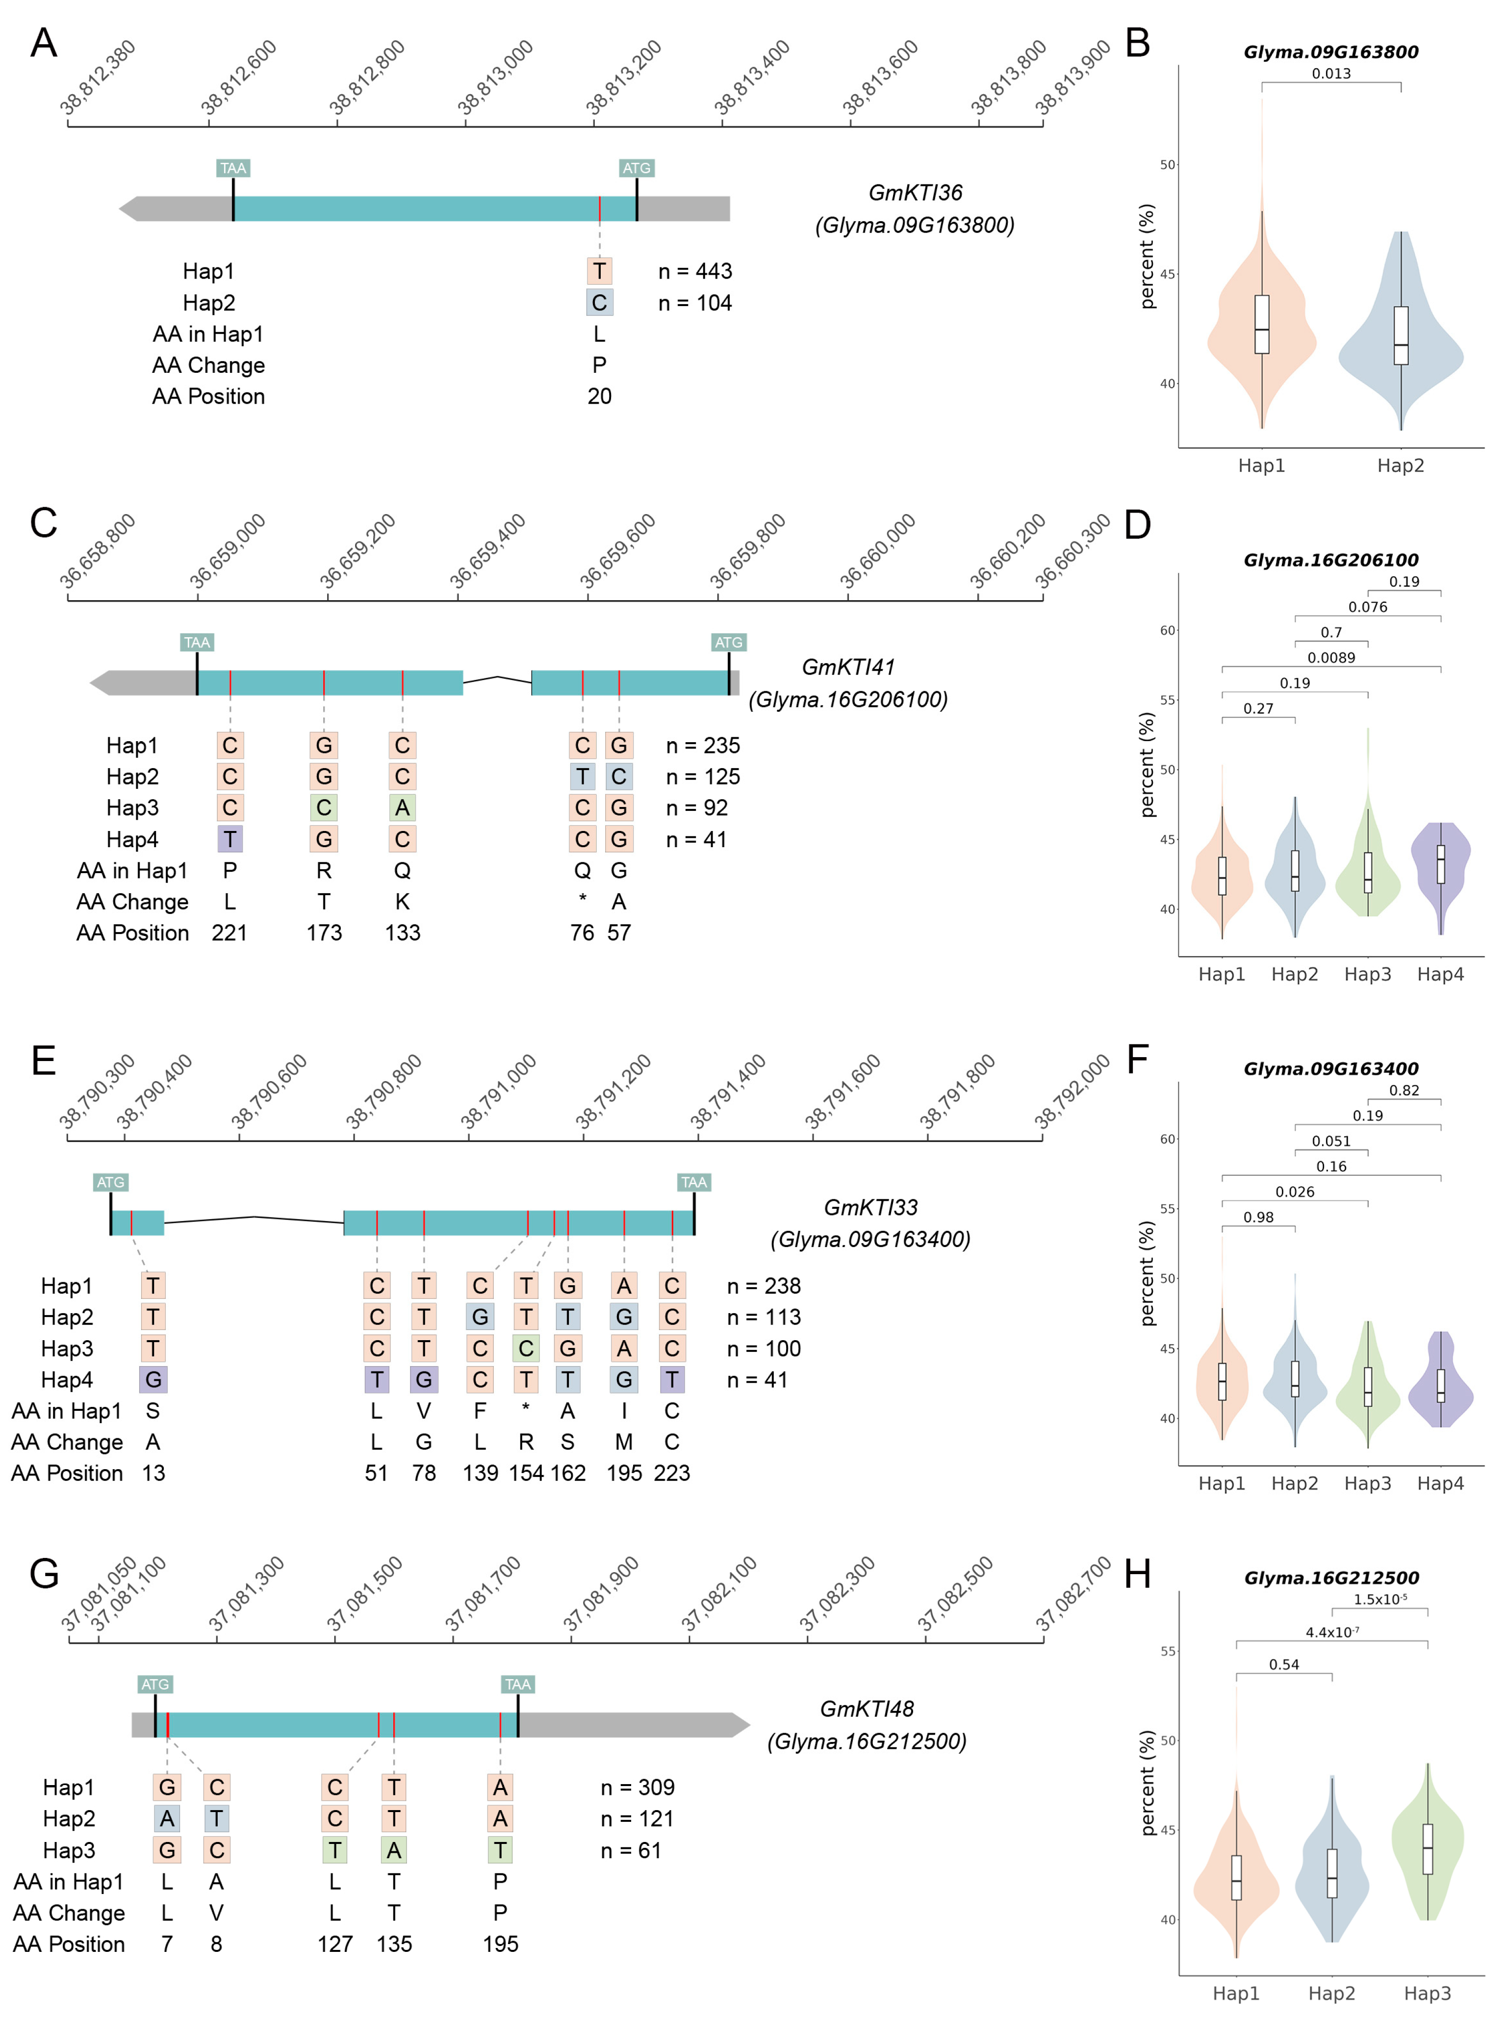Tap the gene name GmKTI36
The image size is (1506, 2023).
(915, 192)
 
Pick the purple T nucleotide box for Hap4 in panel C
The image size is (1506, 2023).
(230, 839)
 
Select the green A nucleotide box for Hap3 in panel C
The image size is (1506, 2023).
(402, 808)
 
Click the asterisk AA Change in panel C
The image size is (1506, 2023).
(583, 901)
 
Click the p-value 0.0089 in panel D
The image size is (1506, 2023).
(1331, 657)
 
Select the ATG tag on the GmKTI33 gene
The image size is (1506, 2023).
(110, 1182)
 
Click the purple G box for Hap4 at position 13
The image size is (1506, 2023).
(153, 1379)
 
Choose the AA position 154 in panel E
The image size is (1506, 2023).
(526, 1473)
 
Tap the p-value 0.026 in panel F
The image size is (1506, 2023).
(1295, 1192)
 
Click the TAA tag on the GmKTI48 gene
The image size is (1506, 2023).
(518, 1684)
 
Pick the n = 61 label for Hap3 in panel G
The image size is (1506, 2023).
(630, 1850)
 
